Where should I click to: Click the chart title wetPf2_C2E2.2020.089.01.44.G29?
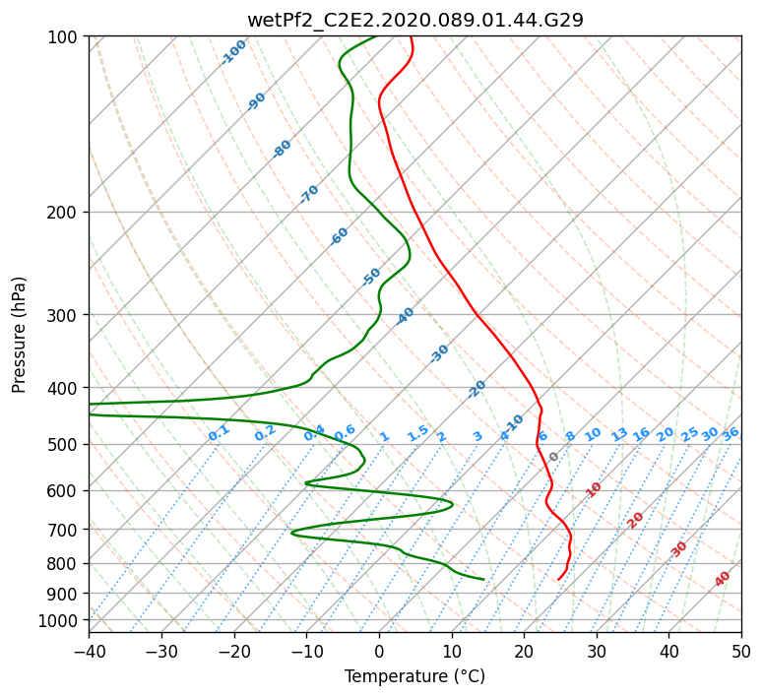click(415, 20)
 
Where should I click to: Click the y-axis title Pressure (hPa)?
click(19, 335)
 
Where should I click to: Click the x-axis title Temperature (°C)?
click(415, 676)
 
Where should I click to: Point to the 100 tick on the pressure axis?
click(62, 37)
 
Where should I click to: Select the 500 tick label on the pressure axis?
click(62, 445)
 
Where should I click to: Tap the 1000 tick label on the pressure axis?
click(57, 621)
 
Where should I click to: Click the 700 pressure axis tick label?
click(62, 530)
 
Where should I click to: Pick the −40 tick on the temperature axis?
click(89, 652)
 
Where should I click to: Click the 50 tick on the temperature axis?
click(741, 652)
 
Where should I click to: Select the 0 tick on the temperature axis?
click(380, 652)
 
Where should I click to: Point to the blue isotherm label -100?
click(233, 52)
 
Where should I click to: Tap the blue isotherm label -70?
click(309, 194)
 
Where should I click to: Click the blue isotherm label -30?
click(439, 353)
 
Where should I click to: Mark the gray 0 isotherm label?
click(553, 457)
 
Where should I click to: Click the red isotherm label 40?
click(723, 579)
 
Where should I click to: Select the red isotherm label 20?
click(635, 521)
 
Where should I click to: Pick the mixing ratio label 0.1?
click(219, 433)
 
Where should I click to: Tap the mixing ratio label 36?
click(731, 434)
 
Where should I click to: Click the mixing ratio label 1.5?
click(418, 433)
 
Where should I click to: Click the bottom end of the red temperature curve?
click(558, 580)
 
